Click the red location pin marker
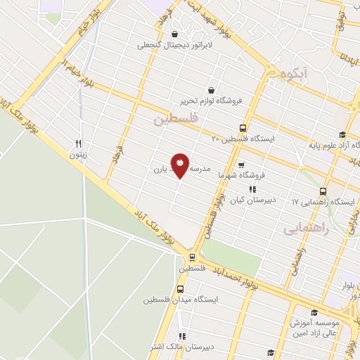click(x=181, y=165)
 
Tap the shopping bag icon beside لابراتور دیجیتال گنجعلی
click(x=174, y=33)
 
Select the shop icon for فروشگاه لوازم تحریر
click(x=212, y=89)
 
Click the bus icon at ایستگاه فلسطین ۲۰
click(x=243, y=128)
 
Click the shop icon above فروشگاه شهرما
click(x=241, y=165)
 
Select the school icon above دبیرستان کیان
click(x=251, y=189)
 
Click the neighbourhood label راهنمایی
click(x=303, y=229)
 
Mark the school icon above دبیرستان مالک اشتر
click(x=184, y=336)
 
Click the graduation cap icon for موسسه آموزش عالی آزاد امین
click(x=314, y=313)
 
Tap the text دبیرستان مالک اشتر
click(x=193, y=347)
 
